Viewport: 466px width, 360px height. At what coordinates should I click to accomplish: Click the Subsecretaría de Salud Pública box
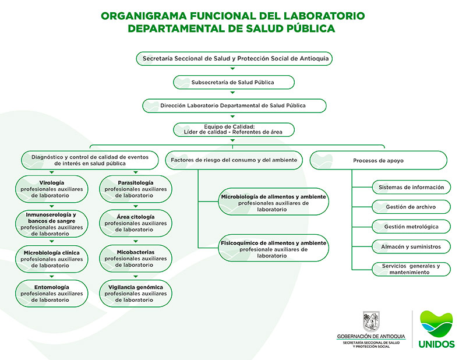232,82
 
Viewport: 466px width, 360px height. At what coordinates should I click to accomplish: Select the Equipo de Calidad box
234,129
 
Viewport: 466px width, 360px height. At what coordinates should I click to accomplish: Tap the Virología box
52,189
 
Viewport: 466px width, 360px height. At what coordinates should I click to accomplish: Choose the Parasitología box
136,189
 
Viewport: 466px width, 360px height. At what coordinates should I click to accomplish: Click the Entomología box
52,294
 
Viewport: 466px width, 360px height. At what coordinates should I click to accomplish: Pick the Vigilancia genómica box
136,294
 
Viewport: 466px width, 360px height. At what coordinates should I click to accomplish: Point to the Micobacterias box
136,259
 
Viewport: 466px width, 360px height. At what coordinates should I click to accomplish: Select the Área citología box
136,223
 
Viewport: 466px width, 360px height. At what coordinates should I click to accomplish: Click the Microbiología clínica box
52,259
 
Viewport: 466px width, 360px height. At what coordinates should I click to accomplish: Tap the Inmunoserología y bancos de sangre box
52,224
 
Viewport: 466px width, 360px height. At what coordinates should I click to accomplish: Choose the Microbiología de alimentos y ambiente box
273,203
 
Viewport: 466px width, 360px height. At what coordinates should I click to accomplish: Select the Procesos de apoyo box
378,160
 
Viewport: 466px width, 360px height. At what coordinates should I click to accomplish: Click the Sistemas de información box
411,188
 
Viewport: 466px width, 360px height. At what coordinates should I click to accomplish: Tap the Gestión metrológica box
411,227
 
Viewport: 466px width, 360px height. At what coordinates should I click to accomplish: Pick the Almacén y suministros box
411,246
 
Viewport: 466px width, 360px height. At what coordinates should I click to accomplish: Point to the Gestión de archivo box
411,207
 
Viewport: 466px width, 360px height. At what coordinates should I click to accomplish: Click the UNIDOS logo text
436,344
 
